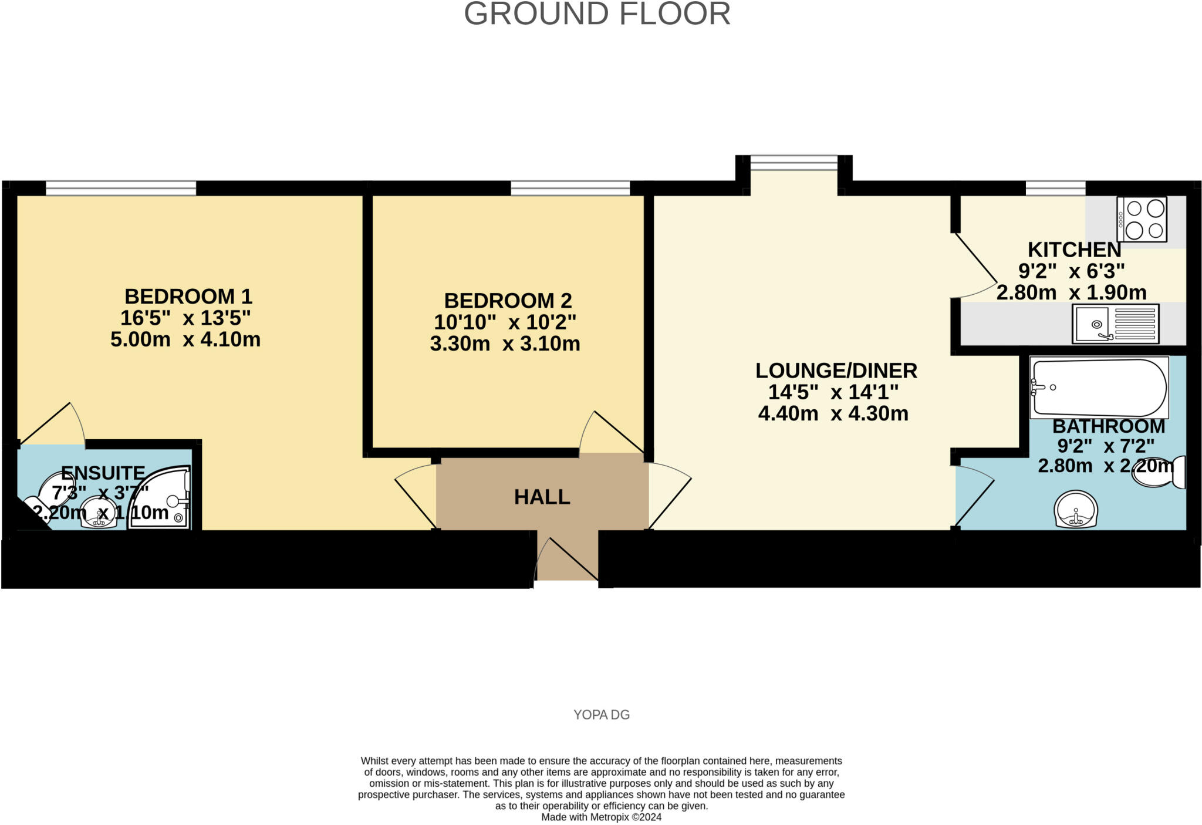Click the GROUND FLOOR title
597,14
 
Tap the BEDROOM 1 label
188,296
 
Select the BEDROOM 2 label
508,301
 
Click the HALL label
542,497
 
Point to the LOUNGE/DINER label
836,371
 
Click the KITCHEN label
1074,250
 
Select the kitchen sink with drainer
1115,324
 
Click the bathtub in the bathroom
1099,388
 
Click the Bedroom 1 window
121,188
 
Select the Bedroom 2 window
570,188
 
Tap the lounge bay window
794,163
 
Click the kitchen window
1055,188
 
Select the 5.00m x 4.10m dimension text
185,339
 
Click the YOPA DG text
601,715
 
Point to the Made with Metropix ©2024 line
601,817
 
